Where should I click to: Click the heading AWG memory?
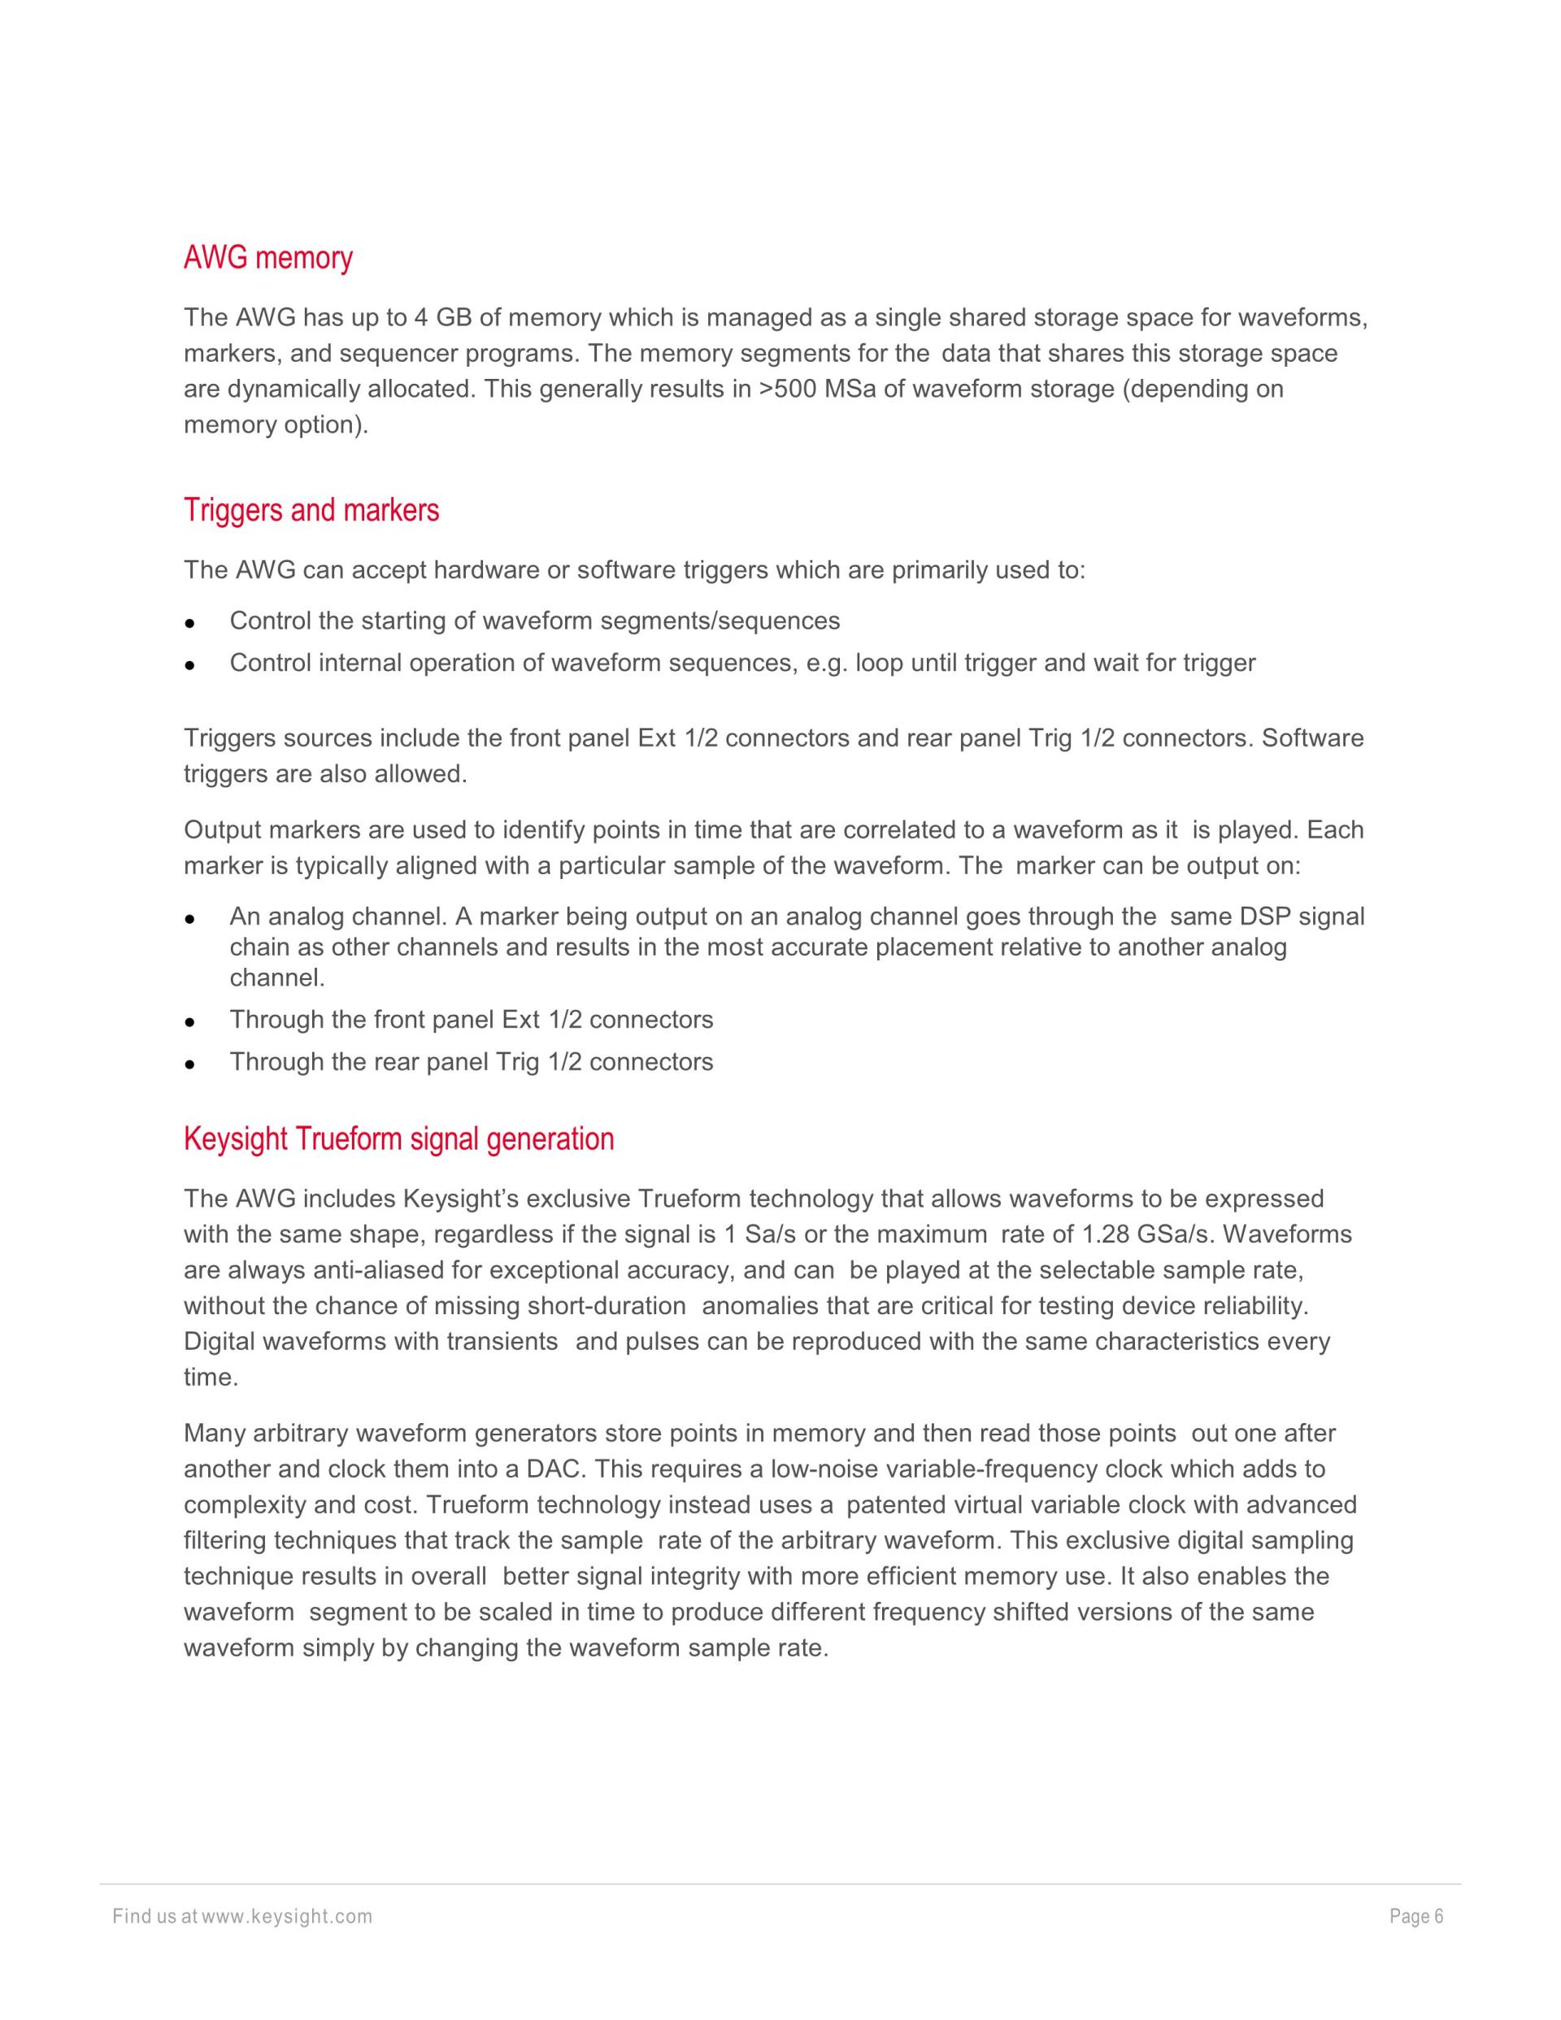coord(268,258)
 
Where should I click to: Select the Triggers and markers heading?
coord(311,511)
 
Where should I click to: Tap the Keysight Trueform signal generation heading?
coord(398,1138)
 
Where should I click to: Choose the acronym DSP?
coord(1264,916)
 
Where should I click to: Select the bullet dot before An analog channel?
coord(189,920)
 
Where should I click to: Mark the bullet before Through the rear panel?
coord(189,1064)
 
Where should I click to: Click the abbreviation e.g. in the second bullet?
coord(827,663)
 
